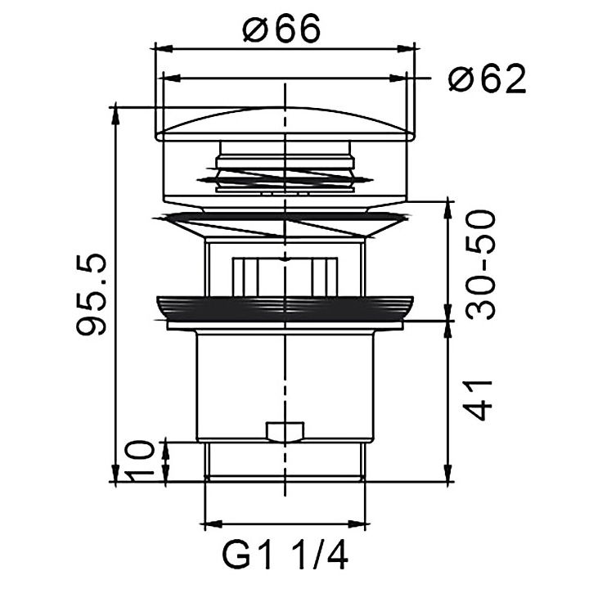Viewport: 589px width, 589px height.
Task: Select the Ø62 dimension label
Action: pos(487,79)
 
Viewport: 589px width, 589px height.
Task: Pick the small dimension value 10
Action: pos(140,461)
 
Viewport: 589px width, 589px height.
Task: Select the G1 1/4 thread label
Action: pos(286,558)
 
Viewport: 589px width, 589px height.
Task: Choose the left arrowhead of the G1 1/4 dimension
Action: pos(209,523)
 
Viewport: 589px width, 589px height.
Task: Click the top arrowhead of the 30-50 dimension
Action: pos(447,205)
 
